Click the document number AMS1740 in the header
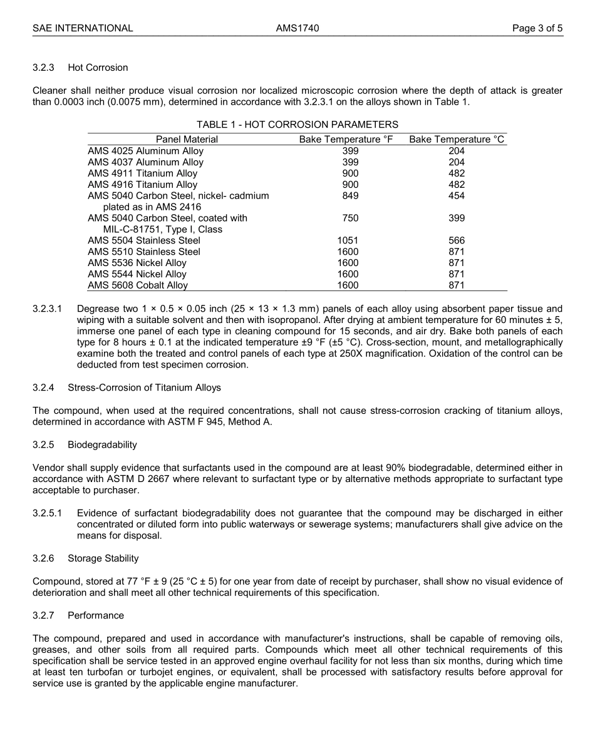point(297,28)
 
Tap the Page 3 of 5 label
point(537,28)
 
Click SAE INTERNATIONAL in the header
point(83,28)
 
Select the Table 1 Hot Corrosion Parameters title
point(297,125)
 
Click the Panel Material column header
point(187,140)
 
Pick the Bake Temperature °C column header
point(457,140)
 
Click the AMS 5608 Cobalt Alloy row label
point(138,285)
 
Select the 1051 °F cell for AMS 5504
point(348,240)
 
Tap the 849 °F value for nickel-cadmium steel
point(350,196)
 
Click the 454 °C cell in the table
point(457,196)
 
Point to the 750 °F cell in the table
point(350,218)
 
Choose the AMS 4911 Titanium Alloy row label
point(142,173)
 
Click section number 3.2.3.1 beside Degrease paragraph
point(48,309)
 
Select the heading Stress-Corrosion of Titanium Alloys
point(144,388)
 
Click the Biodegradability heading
point(102,444)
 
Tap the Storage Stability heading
point(103,558)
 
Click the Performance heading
point(96,615)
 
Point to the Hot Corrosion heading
point(98,68)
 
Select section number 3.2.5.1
point(48,513)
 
